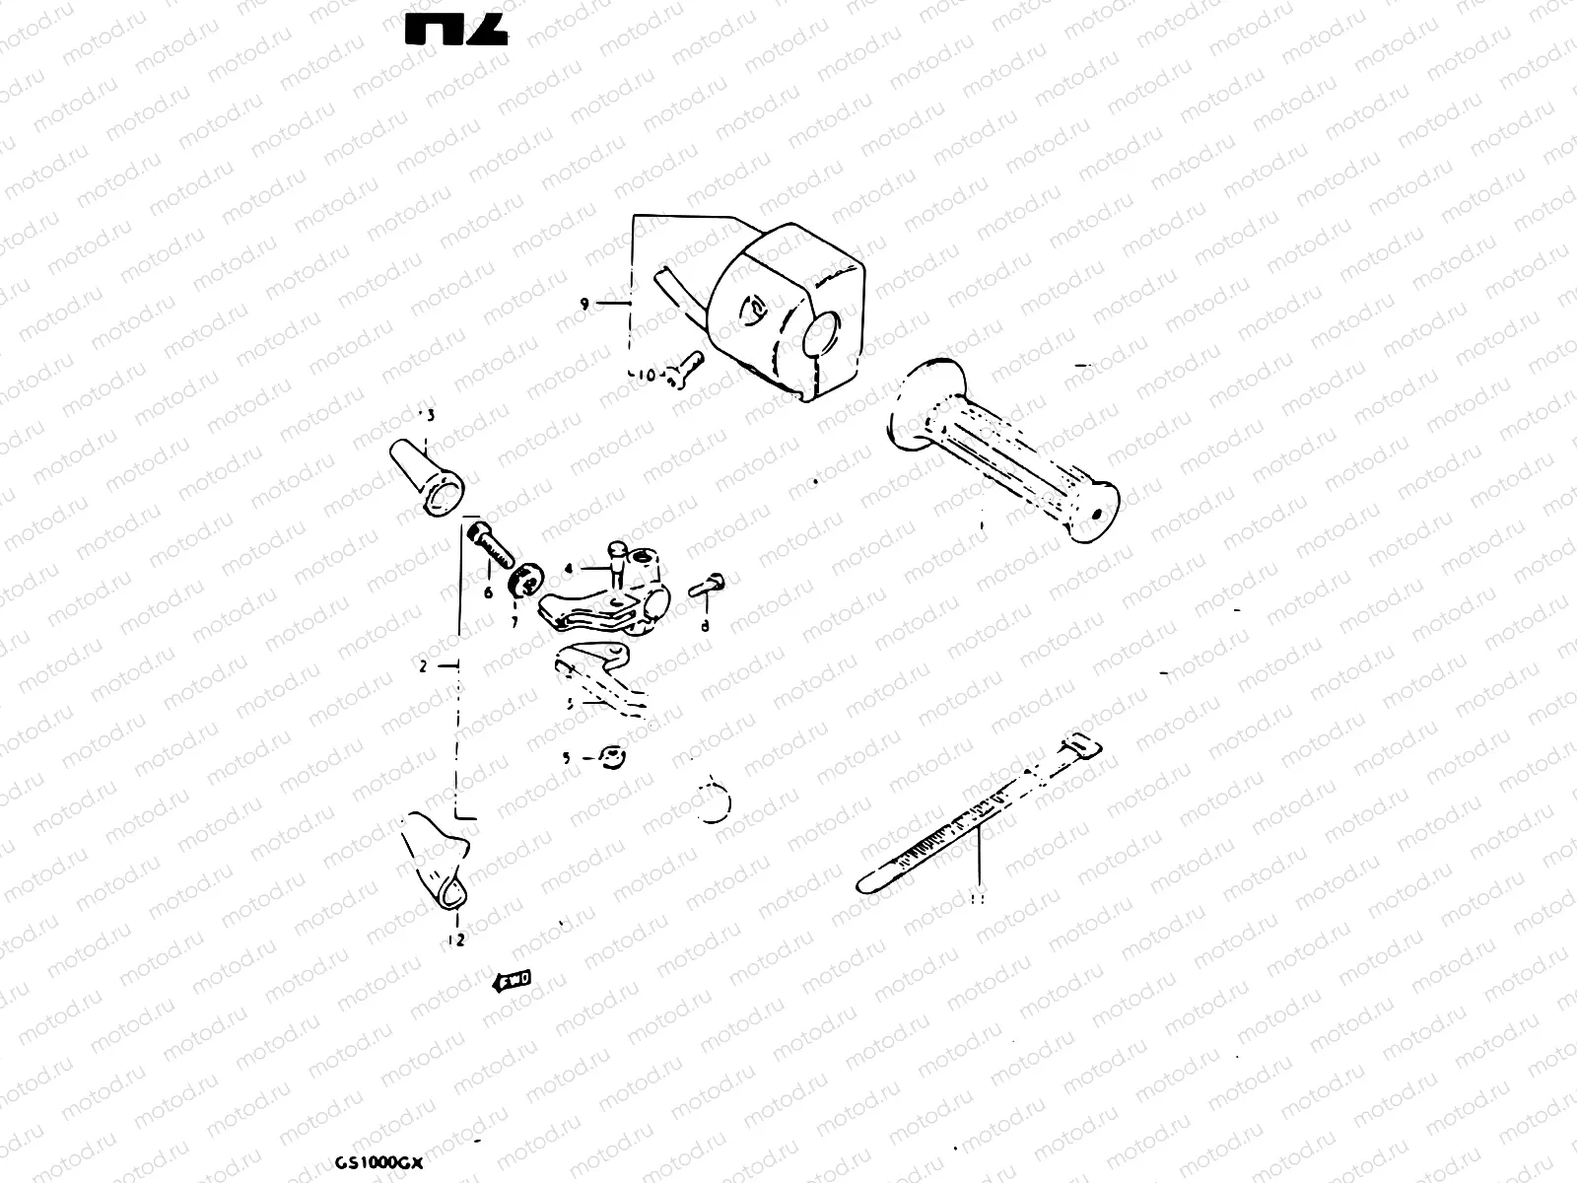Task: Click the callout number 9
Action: click(584, 305)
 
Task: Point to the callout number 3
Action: click(430, 415)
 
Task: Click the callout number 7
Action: click(514, 623)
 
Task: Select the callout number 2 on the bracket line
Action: click(423, 666)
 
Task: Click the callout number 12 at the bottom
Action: click(455, 940)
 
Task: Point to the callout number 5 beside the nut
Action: click(566, 758)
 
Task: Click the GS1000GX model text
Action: click(377, 1162)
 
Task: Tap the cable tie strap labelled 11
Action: click(976, 813)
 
